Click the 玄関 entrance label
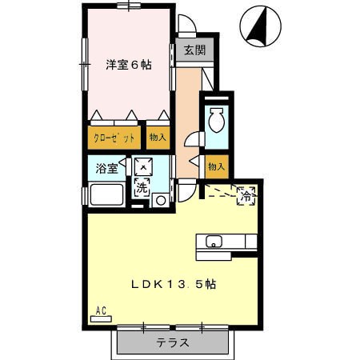[195, 50]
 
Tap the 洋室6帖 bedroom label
[129, 65]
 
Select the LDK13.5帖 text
[174, 285]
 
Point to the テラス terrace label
[173, 342]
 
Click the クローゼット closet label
[114, 138]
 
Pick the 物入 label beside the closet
[158, 138]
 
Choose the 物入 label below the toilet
[217, 167]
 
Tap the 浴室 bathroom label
[106, 168]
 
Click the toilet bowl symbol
[216, 120]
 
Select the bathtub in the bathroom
[107, 194]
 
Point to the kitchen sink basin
[214, 242]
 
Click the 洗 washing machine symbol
[142, 188]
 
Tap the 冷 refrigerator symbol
[246, 196]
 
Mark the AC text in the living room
[101, 310]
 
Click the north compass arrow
[259, 26]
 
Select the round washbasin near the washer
[161, 201]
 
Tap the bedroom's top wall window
[129, 6]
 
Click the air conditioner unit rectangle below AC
[101, 319]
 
